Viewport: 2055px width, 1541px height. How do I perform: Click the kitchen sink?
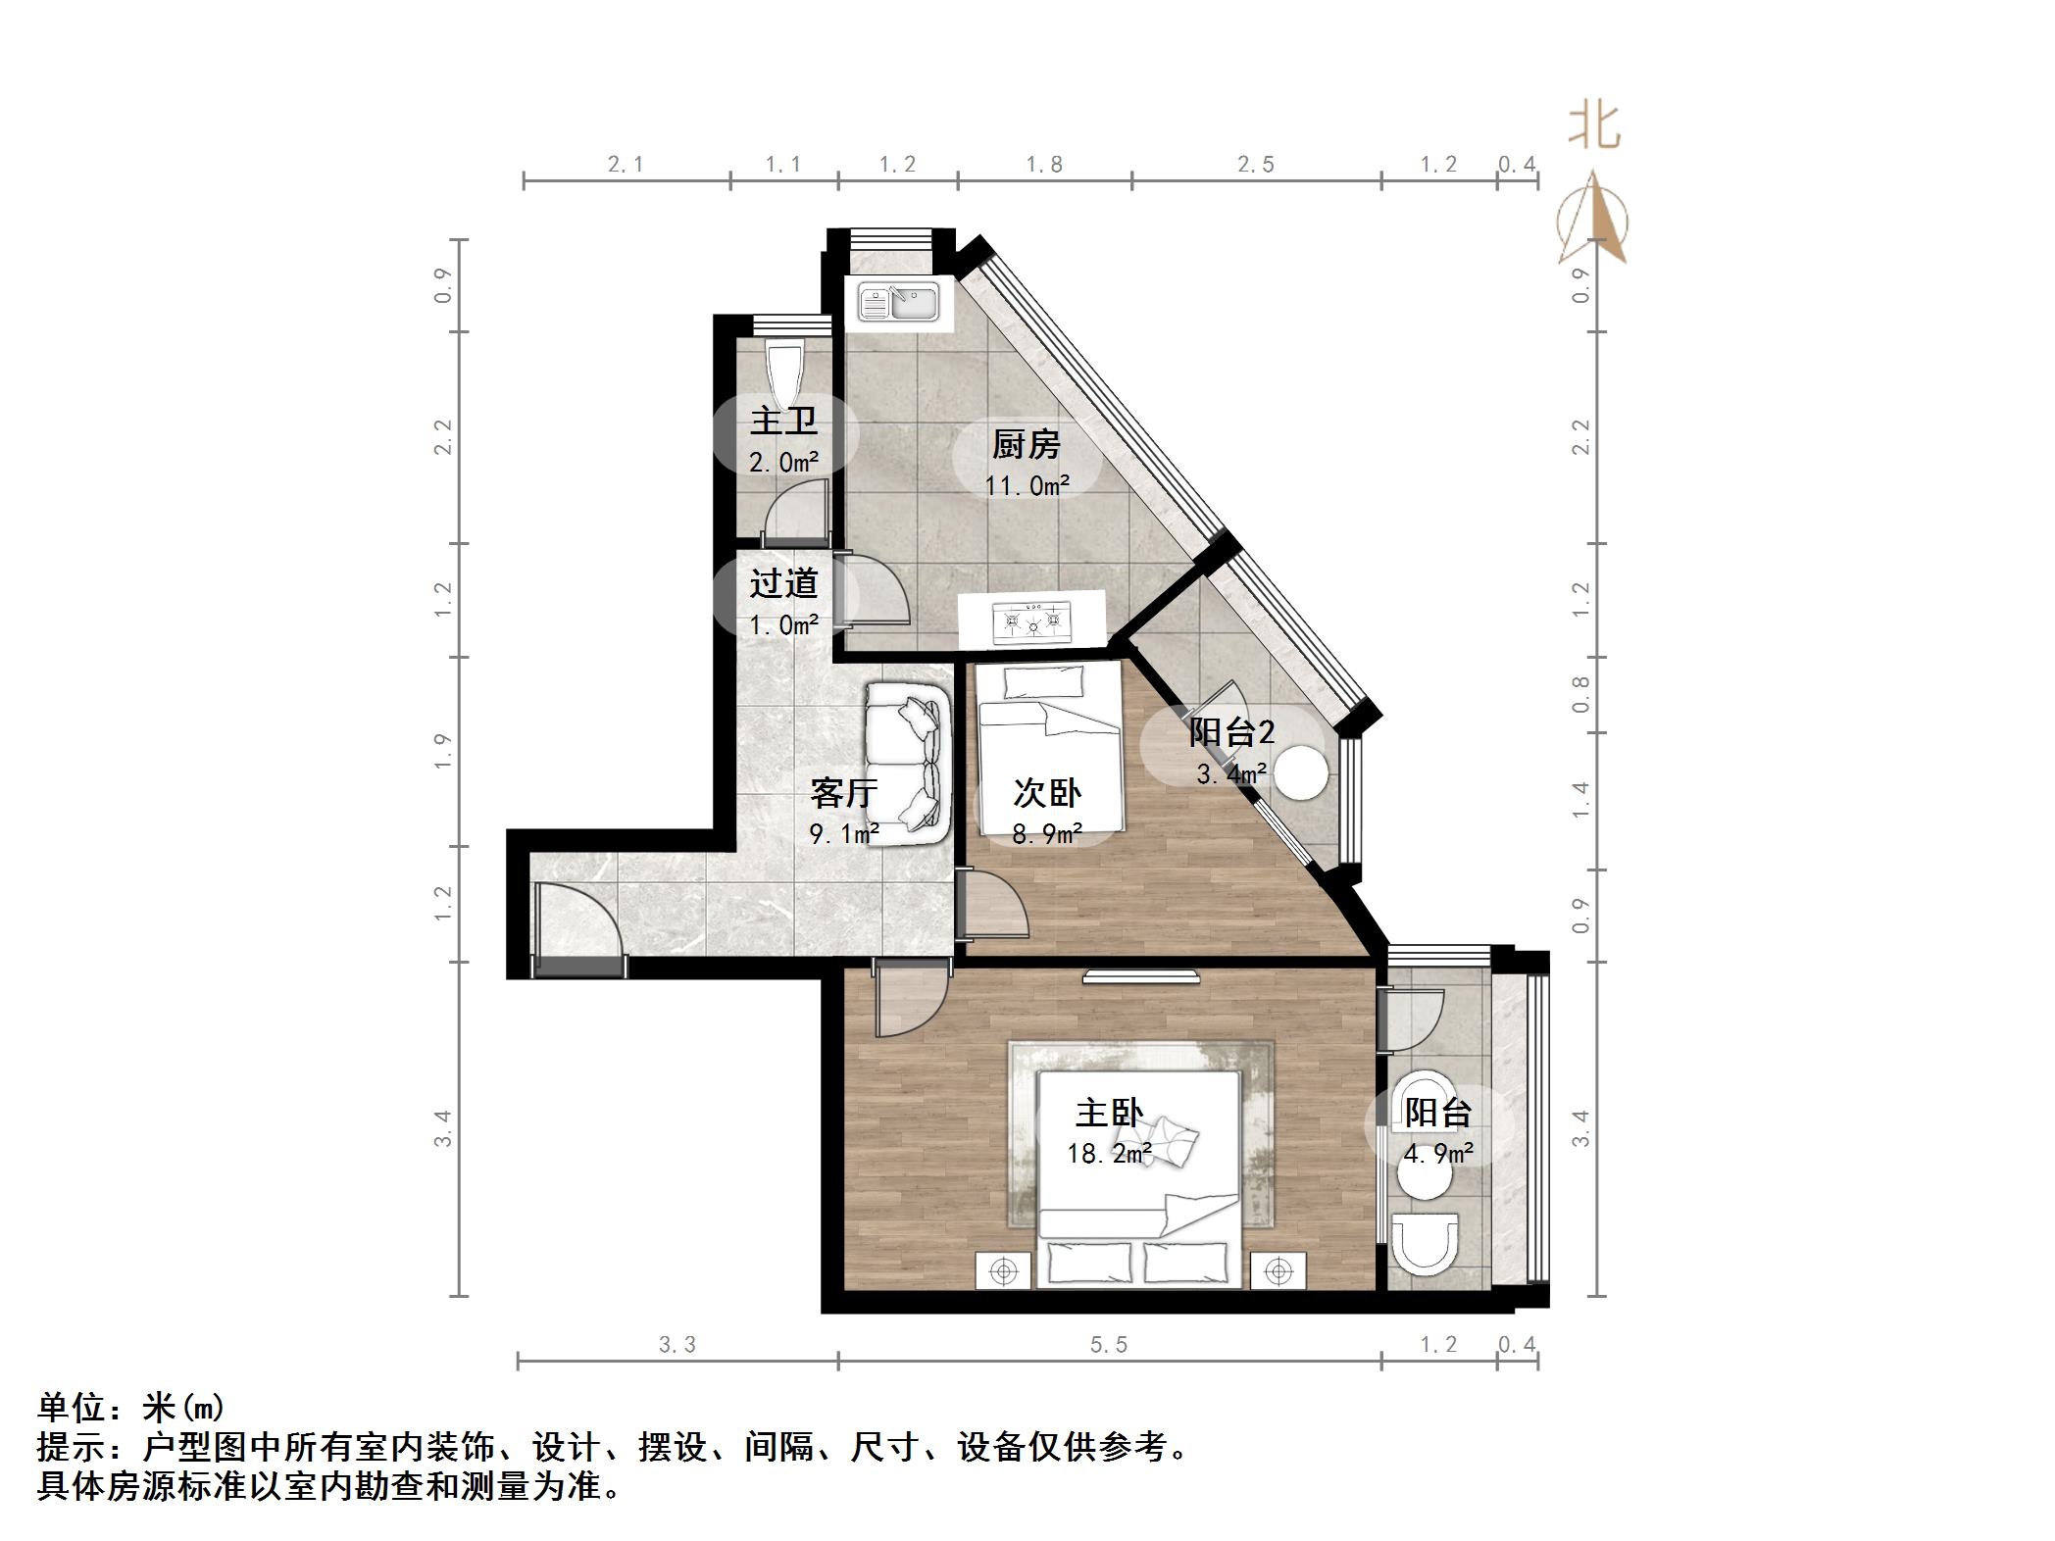tap(898, 301)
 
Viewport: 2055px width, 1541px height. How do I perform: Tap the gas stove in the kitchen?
tap(1031, 621)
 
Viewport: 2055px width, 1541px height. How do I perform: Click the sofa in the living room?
tap(909, 762)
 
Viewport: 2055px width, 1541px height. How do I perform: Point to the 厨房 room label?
tap(1026, 445)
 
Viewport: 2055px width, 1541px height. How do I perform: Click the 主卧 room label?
tap(1109, 1113)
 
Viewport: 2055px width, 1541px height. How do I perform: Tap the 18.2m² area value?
tap(1109, 1154)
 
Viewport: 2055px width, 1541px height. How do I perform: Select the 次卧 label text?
tap(1047, 793)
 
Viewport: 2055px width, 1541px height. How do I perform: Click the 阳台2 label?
tap(1231, 732)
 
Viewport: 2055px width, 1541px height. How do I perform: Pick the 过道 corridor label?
tap(783, 584)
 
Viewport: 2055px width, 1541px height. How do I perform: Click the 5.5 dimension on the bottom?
tap(1109, 1345)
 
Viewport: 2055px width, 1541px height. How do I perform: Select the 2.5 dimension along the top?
tap(1255, 165)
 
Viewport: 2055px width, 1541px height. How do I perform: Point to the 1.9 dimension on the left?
tap(443, 751)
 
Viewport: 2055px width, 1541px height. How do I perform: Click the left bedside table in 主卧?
tap(1003, 1271)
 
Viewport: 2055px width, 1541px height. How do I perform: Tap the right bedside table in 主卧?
tap(1278, 1271)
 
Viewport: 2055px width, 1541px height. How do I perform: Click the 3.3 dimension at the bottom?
tap(677, 1345)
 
